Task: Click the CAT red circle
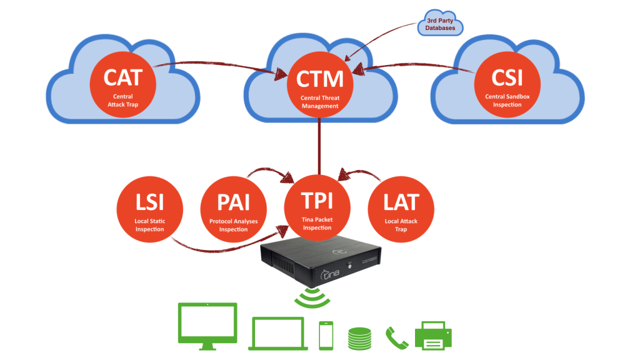122,84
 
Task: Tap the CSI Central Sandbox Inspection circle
507,84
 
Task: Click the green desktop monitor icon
208,325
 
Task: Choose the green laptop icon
278,333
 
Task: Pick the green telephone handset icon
396,338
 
